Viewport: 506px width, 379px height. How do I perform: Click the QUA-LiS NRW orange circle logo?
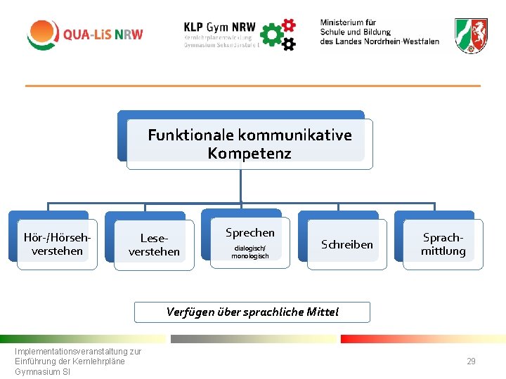[43, 34]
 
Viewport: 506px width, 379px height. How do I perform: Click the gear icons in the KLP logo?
[278, 34]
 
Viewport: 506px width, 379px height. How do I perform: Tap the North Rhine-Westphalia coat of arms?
[471, 35]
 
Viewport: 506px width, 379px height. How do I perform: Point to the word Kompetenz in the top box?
[249, 153]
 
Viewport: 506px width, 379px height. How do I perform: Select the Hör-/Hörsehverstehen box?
[57, 244]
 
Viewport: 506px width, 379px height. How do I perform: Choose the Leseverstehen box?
[154, 245]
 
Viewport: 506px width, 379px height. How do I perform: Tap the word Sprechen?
[250, 232]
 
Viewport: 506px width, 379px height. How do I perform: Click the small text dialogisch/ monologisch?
[250, 252]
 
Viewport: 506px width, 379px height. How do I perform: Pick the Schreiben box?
[347, 244]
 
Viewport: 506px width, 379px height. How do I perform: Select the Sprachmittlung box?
[443, 244]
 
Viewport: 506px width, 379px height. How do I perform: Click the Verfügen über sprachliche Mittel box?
[252, 312]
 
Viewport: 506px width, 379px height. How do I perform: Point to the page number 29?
[471, 361]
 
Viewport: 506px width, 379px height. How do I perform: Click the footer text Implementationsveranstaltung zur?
[78, 352]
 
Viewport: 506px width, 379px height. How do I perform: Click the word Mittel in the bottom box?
[323, 312]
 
